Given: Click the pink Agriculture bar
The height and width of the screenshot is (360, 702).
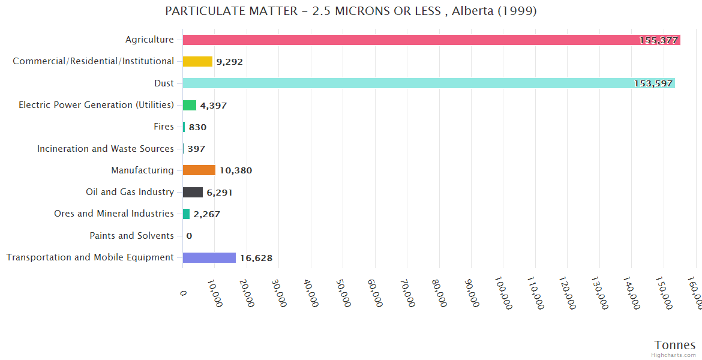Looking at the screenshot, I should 420,40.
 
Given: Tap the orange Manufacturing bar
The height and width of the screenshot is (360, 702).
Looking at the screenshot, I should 199,170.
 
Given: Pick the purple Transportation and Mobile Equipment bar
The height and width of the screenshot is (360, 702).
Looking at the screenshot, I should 209,257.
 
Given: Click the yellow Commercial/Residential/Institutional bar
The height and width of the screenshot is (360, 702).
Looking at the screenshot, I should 197,61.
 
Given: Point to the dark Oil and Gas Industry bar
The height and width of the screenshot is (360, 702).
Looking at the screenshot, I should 193,192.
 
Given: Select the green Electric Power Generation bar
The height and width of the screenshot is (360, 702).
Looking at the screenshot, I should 190,105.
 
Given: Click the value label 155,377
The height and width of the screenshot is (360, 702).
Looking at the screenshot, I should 658,40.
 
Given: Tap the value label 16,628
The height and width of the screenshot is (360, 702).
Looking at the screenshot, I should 256,258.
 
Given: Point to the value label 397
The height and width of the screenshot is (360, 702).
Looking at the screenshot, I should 196,149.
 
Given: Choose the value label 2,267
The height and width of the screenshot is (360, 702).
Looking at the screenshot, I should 206,214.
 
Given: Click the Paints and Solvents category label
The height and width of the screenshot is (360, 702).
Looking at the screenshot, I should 131,236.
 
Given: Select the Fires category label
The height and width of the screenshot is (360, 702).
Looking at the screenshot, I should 164,127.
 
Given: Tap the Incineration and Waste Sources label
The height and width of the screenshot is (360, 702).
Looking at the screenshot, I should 106,149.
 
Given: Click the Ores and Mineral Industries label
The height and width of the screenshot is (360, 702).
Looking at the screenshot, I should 114,214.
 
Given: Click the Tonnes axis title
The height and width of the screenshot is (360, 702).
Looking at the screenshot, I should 674,345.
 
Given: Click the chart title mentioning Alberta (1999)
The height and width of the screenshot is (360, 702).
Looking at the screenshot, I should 351,11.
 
